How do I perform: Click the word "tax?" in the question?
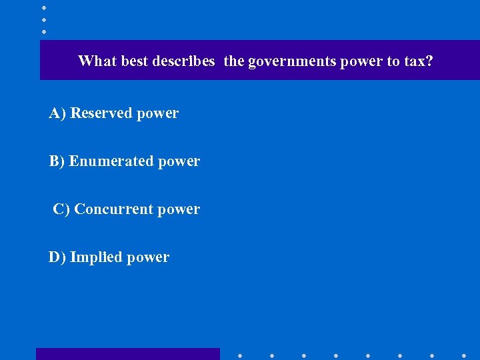tap(419, 61)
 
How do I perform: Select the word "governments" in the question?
tap(292, 62)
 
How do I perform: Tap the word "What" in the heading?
tap(94, 61)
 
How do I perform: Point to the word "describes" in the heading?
tap(183, 61)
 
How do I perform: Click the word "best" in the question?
tap(131, 61)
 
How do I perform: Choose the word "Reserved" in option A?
tap(101, 113)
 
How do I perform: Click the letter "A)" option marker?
tap(57, 113)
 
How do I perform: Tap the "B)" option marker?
tap(57, 161)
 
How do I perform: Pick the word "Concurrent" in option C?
tap(114, 209)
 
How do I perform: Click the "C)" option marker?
tap(61, 209)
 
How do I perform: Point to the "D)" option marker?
tap(57, 257)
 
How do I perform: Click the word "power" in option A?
tap(158, 114)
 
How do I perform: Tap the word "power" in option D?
tap(149, 258)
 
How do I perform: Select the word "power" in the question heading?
tap(361, 62)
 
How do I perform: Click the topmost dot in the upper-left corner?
tap(44, 7)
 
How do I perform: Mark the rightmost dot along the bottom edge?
tap(463, 355)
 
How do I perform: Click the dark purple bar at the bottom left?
tap(127, 354)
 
